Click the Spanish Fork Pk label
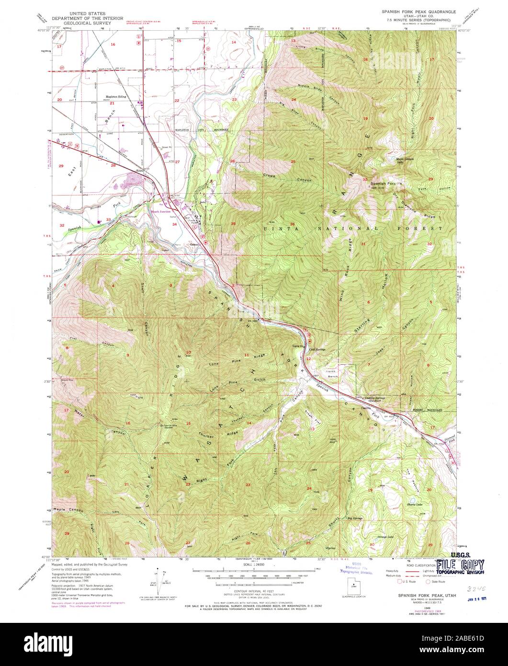click(387, 184)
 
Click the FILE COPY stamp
click(460, 565)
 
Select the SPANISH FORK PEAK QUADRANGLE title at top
click(418, 11)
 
